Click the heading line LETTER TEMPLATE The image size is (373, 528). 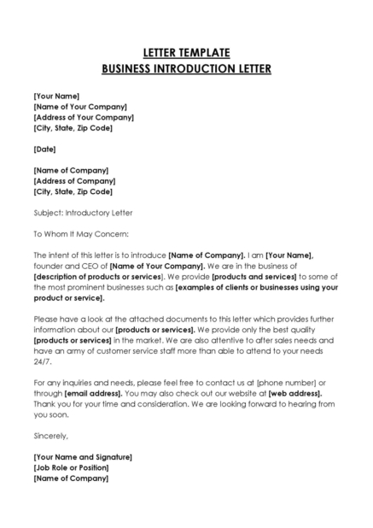click(x=186, y=51)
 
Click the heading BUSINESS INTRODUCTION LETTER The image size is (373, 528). click(x=186, y=68)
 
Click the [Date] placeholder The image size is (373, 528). click(x=45, y=149)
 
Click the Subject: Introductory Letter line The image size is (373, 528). click(x=83, y=212)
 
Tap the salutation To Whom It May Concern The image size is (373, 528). click(x=80, y=232)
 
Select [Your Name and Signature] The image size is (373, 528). click(x=83, y=457)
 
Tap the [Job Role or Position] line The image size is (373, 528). click(x=72, y=467)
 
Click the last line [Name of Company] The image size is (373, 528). click(x=71, y=478)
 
